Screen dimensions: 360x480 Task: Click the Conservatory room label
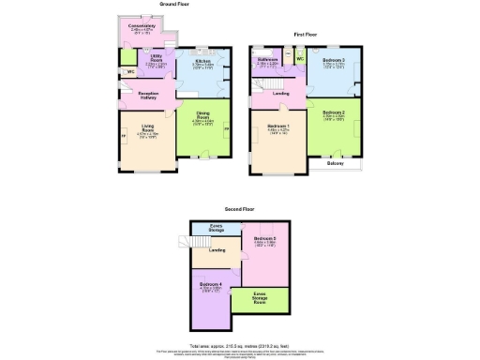[x=142, y=26]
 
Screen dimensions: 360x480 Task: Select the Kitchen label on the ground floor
[x=203, y=61]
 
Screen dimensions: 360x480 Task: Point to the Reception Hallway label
[x=153, y=96]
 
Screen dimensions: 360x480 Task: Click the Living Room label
[x=147, y=127]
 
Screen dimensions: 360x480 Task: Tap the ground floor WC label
[x=130, y=70]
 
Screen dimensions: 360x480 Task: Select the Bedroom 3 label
[x=334, y=60]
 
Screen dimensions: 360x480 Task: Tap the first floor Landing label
[x=279, y=93]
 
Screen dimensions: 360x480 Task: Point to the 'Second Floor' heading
[x=239, y=210]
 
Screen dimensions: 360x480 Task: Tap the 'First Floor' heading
[x=306, y=34]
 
